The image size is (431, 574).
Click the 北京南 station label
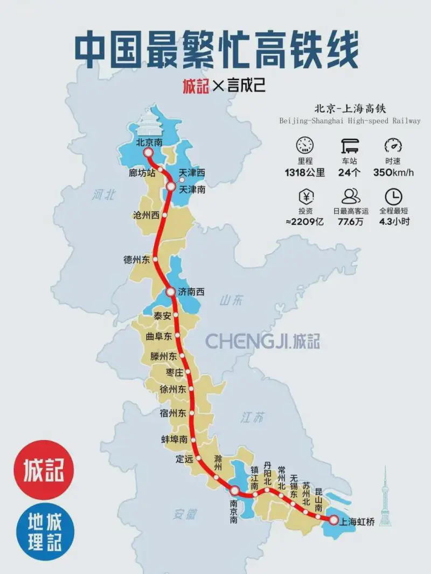click(x=149, y=143)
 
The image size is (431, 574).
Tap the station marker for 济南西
click(x=170, y=293)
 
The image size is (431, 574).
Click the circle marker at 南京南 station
click(x=234, y=491)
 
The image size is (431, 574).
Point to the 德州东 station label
click(x=136, y=260)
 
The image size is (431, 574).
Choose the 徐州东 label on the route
click(x=173, y=389)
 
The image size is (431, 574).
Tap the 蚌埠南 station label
click(x=175, y=440)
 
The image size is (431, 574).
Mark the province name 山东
click(x=232, y=300)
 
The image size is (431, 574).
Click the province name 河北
click(x=103, y=195)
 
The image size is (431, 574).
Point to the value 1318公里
click(x=305, y=173)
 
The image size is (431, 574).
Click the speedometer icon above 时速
click(x=393, y=146)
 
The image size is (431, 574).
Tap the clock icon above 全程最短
click(x=393, y=196)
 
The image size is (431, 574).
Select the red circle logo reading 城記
click(x=43, y=470)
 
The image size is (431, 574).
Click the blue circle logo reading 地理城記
click(x=43, y=531)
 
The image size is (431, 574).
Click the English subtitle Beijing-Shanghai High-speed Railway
click(x=350, y=121)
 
